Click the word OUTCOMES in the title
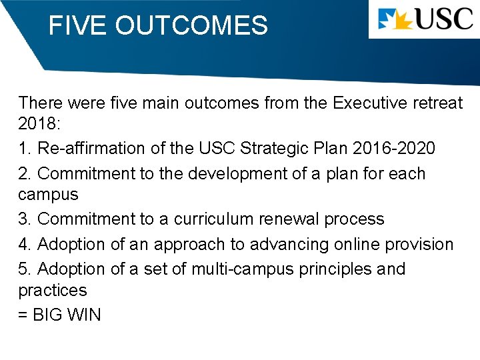point(191,26)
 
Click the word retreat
point(436,103)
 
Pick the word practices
point(53,291)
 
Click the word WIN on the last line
point(84,315)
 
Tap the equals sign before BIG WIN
point(23,315)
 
